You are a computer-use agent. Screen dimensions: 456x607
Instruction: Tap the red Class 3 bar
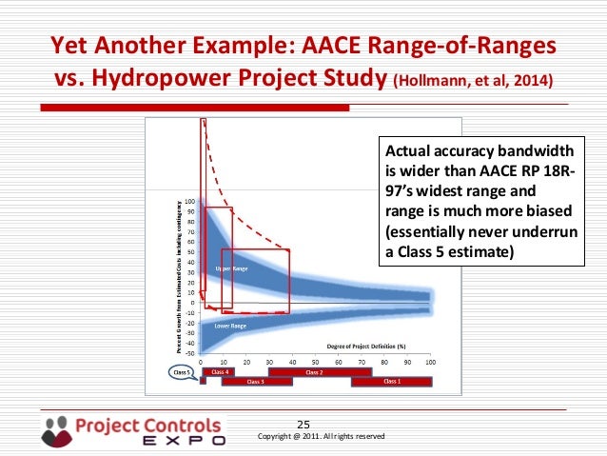tap(255, 382)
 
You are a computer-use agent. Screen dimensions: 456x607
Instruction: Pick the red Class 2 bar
tap(313, 372)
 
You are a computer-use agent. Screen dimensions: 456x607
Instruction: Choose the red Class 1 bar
tap(391, 382)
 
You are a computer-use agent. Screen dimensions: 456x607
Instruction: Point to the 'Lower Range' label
tap(230, 326)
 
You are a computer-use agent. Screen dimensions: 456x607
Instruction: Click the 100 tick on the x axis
tap(430, 362)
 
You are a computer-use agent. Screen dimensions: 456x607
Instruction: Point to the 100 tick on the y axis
tap(189, 202)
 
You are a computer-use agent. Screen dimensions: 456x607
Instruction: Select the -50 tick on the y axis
tap(189, 353)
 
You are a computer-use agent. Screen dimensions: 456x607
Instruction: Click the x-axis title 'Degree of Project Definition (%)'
tap(366, 347)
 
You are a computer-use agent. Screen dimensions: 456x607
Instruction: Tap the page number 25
tap(304, 425)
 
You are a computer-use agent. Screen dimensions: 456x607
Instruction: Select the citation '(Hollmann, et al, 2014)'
tap(471, 79)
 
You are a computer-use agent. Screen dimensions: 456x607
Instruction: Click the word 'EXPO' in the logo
tap(185, 441)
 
